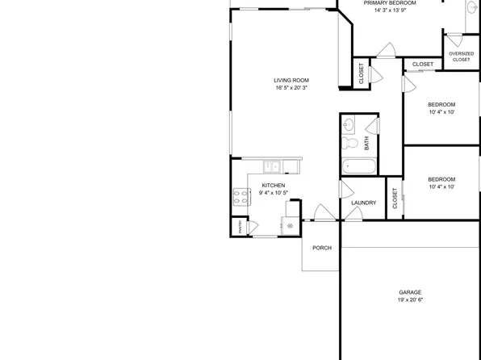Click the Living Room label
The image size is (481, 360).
291,80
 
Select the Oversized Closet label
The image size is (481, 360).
461,57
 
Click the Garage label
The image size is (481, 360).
410,292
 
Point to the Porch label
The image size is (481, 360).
322,248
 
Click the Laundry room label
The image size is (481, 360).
363,203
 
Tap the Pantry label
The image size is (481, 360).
240,228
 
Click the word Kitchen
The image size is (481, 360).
274,186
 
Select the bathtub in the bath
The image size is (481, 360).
358,167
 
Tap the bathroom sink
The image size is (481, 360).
349,125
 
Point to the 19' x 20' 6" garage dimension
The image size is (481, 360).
410,300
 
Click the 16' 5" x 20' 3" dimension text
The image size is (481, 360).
291,87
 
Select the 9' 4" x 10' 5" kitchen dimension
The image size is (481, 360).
274,194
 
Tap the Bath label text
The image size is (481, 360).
367,144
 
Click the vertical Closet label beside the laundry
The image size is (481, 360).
395,199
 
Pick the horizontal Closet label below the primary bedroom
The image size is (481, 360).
423,64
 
